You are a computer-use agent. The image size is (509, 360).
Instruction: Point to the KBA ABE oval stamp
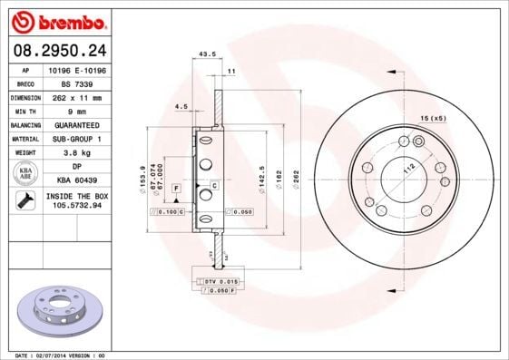pos(25,174)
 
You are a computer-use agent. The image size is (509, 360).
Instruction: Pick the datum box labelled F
pos(175,187)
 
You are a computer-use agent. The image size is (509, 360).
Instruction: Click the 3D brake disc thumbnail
pos(56,310)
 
